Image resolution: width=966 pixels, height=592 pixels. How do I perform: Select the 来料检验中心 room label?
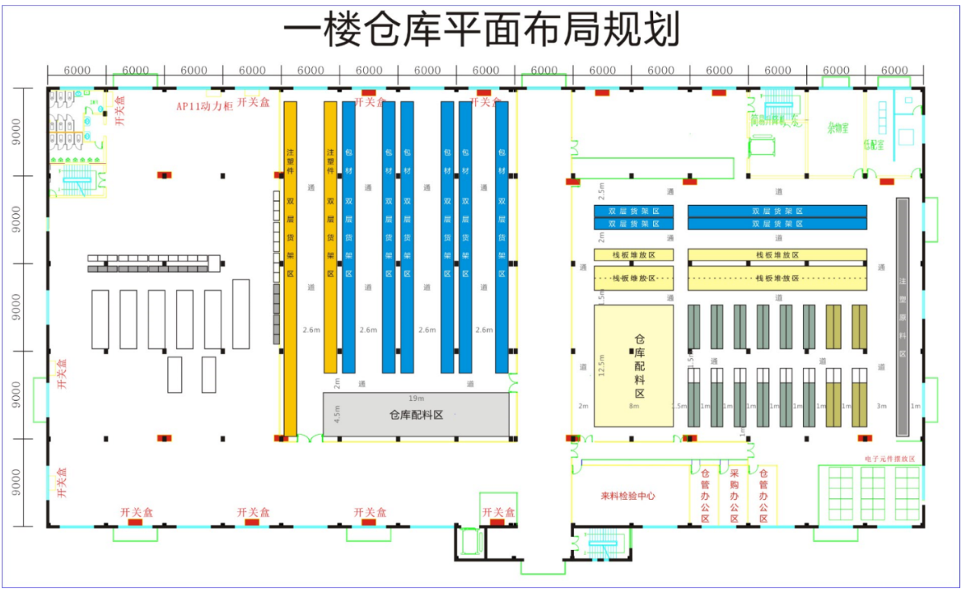(x=628, y=496)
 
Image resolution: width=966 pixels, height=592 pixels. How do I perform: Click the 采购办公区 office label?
(x=734, y=495)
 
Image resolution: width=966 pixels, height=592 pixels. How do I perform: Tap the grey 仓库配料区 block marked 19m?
(x=416, y=415)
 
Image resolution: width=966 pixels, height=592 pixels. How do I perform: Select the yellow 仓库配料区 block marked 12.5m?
(x=633, y=366)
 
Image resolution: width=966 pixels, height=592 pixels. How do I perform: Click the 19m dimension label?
(x=416, y=398)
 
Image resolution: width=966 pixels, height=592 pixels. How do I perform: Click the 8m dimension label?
(x=633, y=406)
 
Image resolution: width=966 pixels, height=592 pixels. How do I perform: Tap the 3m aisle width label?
(x=881, y=406)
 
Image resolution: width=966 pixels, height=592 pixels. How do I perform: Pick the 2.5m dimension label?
(x=601, y=187)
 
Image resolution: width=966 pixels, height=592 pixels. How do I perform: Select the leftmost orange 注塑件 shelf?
(x=290, y=267)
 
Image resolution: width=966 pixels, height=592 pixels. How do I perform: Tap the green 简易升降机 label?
(x=776, y=120)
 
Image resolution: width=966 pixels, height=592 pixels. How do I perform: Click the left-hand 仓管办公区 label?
(x=705, y=495)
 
